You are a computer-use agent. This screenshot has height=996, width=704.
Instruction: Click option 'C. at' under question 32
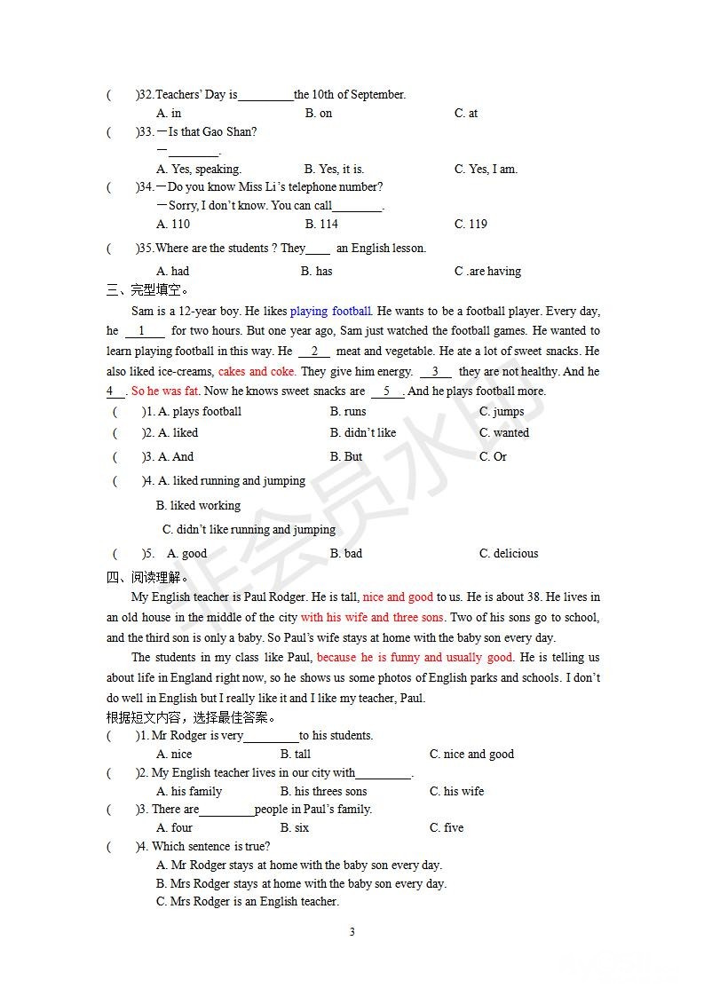(466, 113)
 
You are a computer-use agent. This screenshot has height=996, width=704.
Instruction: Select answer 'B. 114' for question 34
(320, 224)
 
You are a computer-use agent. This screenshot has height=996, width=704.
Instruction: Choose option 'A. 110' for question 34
(173, 224)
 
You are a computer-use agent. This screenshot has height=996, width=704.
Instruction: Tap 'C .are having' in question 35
(487, 271)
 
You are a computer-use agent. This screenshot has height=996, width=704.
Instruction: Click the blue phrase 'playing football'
(330, 311)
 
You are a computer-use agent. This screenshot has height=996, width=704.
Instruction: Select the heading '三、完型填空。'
(147, 289)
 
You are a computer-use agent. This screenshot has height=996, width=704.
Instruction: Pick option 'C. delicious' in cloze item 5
(509, 553)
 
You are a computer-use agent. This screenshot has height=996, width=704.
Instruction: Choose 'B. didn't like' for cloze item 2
(363, 432)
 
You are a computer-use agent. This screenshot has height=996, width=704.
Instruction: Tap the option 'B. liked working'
(198, 505)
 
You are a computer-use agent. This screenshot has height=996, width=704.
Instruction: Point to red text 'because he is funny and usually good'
(415, 657)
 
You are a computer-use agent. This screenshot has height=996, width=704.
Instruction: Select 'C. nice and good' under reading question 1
(471, 754)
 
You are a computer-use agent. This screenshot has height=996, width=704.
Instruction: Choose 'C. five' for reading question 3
(447, 827)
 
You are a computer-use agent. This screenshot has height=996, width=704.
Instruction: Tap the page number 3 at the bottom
(352, 931)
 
